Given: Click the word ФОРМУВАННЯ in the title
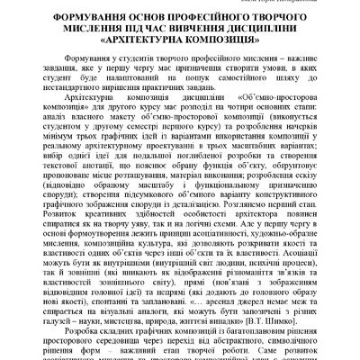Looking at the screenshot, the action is [x=73, y=19].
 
